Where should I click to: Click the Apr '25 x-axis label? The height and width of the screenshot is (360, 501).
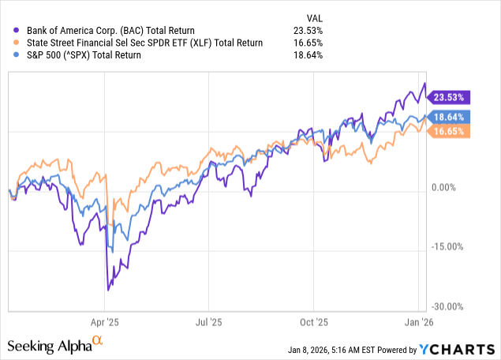(x=106, y=322)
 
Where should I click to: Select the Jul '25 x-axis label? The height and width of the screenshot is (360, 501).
(x=208, y=322)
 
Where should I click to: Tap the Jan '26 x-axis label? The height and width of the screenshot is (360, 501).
(x=417, y=322)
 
